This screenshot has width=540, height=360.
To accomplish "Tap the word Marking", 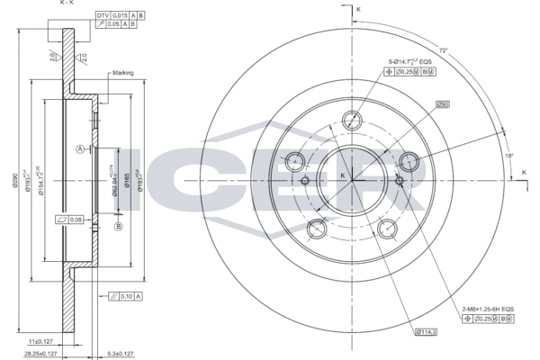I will coord(122,73).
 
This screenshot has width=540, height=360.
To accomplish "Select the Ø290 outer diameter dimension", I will coord(14,180).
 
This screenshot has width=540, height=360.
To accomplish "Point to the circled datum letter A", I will coord(80,148).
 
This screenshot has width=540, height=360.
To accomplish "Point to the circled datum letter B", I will coord(118,226).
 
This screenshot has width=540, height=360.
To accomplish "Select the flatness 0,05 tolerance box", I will coord(69,219).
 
